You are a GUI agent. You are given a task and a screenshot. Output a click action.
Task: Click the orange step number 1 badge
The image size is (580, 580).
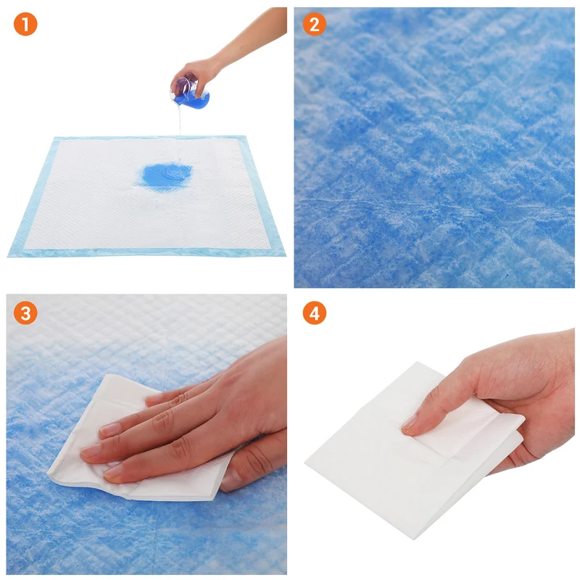click(25, 24)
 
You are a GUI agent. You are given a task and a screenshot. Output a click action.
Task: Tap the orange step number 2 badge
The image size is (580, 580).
click(314, 24)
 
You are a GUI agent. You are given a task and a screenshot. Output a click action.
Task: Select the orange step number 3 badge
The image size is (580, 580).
click(25, 313)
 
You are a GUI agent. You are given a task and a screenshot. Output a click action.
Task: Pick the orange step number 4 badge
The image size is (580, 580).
click(314, 313)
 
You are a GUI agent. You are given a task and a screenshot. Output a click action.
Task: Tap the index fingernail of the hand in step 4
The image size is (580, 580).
click(409, 422)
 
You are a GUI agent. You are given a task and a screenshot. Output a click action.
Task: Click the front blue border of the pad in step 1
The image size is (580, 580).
click(146, 252)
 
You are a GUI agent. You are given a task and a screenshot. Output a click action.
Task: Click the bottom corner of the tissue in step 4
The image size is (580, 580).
click(413, 538)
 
